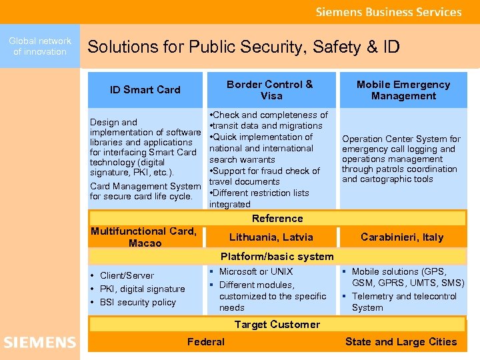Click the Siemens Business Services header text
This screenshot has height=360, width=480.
pyautogui.click(x=389, y=12)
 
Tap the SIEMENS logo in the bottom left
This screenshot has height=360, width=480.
pyautogui.click(x=40, y=343)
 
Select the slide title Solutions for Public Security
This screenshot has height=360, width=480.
pyautogui.click(x=243, y=47)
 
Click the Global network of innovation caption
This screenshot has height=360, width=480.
pyautogui.click(x=40, y=46)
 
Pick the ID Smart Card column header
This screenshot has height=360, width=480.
pyautogui.click(x=145, y=90)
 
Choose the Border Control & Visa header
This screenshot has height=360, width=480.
pyautogui.click(x=269, y=90)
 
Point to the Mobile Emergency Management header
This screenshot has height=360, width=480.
pyautogui.click(x=403, y=90)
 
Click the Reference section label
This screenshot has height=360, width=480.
pyautogui.click(x=277, y=219)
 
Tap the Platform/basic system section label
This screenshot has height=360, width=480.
pyautogui.click(x=277, y=257)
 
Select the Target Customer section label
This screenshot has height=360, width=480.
pyautogui.click(x=277, y=325)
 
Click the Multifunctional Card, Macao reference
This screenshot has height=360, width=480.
pyautogui.click(x=144, y=237)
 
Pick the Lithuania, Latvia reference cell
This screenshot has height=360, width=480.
pyautogui.click(x=271, y=237)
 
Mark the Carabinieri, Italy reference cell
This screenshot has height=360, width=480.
pyautogui.click(x=402, y=237)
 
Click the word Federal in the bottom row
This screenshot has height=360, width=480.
pyautogui.click(x=206, y=342)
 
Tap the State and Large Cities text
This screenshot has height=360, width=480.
pyautogui.click(x=401, y=342)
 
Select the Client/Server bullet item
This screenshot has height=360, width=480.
pyautogui.click(x=127, y=275)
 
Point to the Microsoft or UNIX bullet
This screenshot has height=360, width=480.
pyautogui.click(x=256, y=271)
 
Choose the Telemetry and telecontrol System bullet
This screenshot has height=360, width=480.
pyautogui.click(x=404, y=302)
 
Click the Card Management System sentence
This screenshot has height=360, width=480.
pyautogui.click(x=145, y=191)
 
